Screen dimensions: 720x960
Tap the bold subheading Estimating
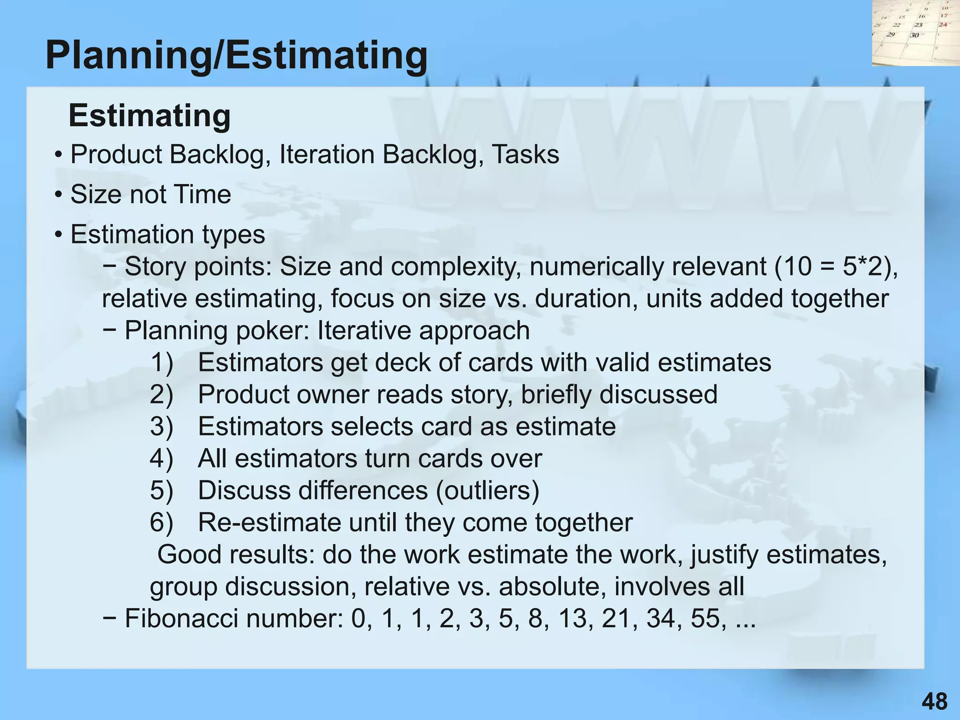point(150,115)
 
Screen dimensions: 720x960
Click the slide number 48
point(934,702)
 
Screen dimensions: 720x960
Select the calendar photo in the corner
point(915,33)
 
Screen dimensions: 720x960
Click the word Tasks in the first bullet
point(525,155)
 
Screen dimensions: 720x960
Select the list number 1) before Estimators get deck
point(162,362)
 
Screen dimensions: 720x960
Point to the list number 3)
point(162,427)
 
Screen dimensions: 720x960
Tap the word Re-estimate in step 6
point(269,522)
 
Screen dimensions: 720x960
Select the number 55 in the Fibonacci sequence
point(705,619)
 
